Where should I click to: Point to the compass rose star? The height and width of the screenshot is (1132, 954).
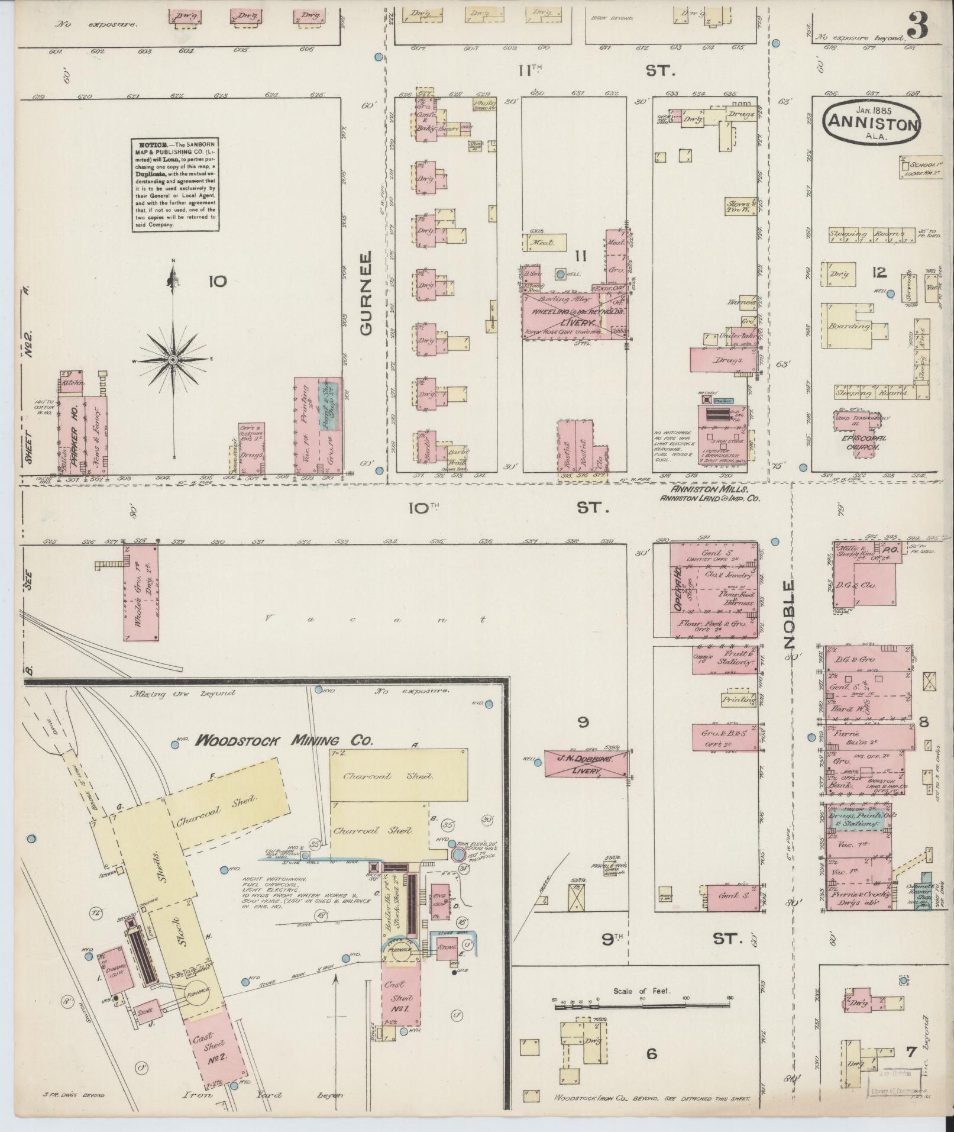[173, 360]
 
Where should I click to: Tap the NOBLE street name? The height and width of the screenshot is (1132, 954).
[791, 614]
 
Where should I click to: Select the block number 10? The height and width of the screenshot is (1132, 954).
[217, 281]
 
